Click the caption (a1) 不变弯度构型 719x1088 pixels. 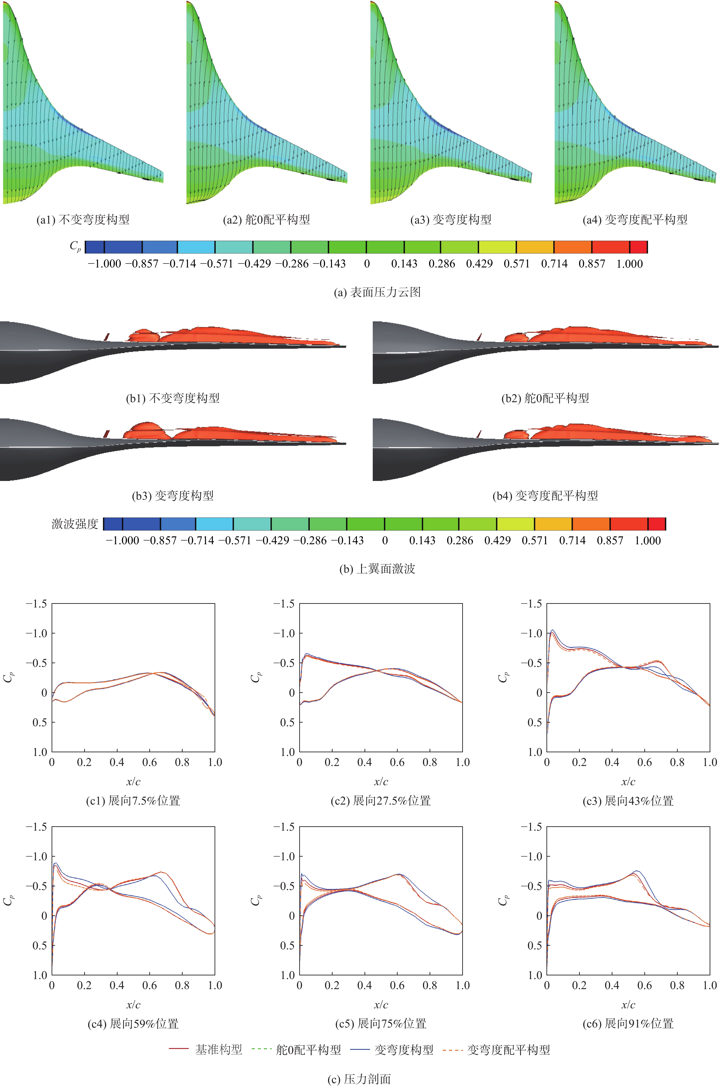click(83, 220)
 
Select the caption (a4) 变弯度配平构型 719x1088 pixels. click(635, 220)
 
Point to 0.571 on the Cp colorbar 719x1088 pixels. click(517, 264)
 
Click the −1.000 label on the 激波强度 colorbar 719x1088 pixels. click(122, 540)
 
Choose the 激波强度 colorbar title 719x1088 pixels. click(75, 524)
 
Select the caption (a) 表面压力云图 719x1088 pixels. click(377, 292)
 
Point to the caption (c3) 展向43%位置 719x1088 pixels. click(628, 801)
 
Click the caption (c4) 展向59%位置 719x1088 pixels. click(133, 1024)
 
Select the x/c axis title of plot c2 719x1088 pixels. click(380, 782)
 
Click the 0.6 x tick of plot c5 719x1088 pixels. click(397, 985)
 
